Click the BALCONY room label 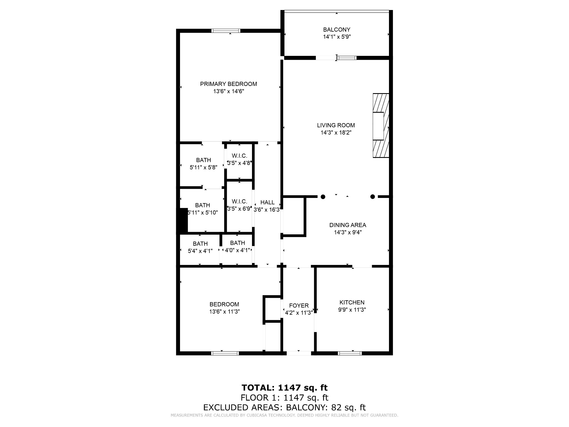click(336, 29)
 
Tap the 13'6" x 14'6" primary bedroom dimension click(228, 91)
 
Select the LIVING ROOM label click(336, 125)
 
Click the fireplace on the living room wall click(380, 126)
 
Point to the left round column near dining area click(323, 197)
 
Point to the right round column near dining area click(373, 197)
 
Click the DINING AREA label click(348, 225)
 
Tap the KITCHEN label click(352, 302)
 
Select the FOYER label click(299, 306)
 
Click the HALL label click(267, 202)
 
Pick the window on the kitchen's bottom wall click(350, 353)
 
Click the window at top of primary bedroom click(226, 31)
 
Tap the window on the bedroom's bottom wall click(225, 353)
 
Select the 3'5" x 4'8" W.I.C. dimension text click(239, 163)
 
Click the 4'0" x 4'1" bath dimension click(237, 250)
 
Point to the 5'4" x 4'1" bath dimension click(200, 251)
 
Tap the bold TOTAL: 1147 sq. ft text click(284, 388)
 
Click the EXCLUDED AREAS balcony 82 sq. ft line click(284, 407)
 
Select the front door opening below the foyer click(299, 353)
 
